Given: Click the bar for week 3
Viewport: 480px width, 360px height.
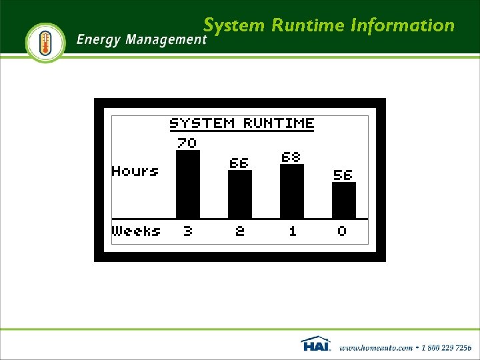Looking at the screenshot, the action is point(187,184).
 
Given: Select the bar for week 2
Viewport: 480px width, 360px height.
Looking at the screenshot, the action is point(240,194).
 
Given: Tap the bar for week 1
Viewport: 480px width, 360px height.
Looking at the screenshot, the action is point(292,191).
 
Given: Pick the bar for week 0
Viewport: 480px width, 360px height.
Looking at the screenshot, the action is point(343,200).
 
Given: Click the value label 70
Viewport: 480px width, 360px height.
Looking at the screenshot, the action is point(187,143).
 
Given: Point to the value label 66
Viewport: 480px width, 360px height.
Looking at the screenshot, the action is point(239,163).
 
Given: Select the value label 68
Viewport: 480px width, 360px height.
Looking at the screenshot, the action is point(291,157).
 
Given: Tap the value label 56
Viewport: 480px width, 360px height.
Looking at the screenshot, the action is point(343,175).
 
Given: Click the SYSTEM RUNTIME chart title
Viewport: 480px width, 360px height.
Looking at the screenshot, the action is point(241,123).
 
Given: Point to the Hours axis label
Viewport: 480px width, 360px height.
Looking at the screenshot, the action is point(135,171).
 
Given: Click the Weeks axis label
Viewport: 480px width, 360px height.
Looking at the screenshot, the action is point(137,231).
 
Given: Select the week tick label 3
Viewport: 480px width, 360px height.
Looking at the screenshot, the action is point(187,231).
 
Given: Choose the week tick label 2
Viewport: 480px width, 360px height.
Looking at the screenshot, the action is point(240,231).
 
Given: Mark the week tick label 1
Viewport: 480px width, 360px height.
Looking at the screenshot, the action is point(292,231).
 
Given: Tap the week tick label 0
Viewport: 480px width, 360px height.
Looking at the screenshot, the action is point(342,231).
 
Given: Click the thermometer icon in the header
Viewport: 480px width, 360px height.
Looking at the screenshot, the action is point(45,43).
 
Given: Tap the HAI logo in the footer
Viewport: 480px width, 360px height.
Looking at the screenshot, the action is point(316,344).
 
